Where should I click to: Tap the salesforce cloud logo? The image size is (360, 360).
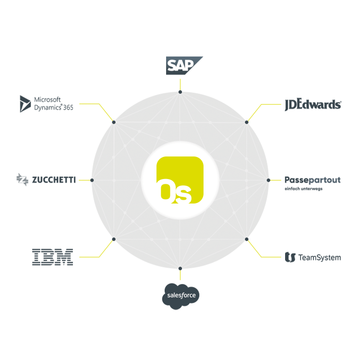click(180, 296)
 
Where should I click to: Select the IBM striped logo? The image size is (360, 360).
click(53, 257)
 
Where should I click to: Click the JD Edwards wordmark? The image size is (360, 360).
click(313, 105)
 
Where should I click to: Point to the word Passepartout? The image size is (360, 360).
click(312, 180)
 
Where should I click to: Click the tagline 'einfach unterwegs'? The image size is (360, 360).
click(303, 189)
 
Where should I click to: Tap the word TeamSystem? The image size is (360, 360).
click(320, 258)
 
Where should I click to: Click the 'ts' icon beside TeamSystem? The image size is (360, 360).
click(290, 257)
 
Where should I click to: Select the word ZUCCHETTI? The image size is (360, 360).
click(54, 180)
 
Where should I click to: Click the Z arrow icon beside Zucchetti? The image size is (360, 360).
click(22, 180)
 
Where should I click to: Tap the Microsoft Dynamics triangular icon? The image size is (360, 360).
click(25, 104)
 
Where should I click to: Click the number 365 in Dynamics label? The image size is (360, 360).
click(68, 108)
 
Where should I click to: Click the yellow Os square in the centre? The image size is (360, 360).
click(180, 180)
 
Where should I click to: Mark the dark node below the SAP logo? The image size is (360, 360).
click(180, 92)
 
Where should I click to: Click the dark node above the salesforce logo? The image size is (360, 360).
click(180, 268)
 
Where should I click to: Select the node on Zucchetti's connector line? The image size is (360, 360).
click(92, 180)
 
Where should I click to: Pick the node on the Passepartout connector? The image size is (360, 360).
click(268, 180)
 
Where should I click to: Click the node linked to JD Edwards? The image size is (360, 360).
click(247, 122)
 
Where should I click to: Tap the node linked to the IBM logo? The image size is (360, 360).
click(114, 239)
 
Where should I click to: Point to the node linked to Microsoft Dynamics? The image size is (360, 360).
click(114, 122)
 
